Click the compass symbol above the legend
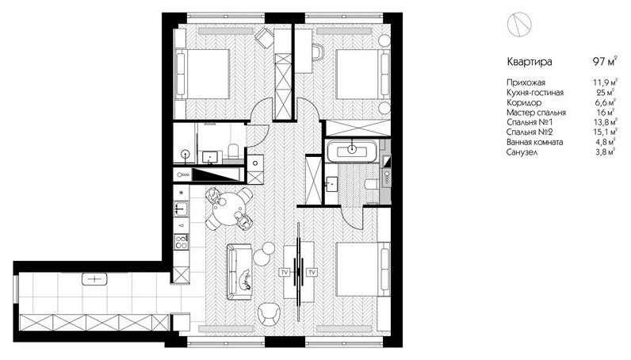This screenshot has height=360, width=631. tap(519, 25)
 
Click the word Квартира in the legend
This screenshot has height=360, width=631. tap(530, 62)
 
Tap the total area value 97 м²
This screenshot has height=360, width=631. tap(605, 61)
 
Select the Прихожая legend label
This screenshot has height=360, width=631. tap(526, 82)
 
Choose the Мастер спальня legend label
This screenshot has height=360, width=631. tap(536, 113)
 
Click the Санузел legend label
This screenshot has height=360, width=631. tap(522, 152)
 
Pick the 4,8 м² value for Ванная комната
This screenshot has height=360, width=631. tap(606, 142)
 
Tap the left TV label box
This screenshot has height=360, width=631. tap(285, 273)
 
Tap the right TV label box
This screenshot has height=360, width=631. tap(312, 273)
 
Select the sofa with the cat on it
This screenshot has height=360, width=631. tap(239, 272)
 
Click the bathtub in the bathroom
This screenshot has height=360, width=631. tap(352, 151)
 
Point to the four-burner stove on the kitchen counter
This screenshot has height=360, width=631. tap(182, 242)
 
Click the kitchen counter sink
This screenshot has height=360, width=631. tap(182, 209)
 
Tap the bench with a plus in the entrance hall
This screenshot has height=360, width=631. tap(94, 278)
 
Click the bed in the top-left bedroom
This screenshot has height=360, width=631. tap(202, 74)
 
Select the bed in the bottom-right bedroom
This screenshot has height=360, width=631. tap(363, 270)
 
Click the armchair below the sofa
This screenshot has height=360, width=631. tap(269, 313)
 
